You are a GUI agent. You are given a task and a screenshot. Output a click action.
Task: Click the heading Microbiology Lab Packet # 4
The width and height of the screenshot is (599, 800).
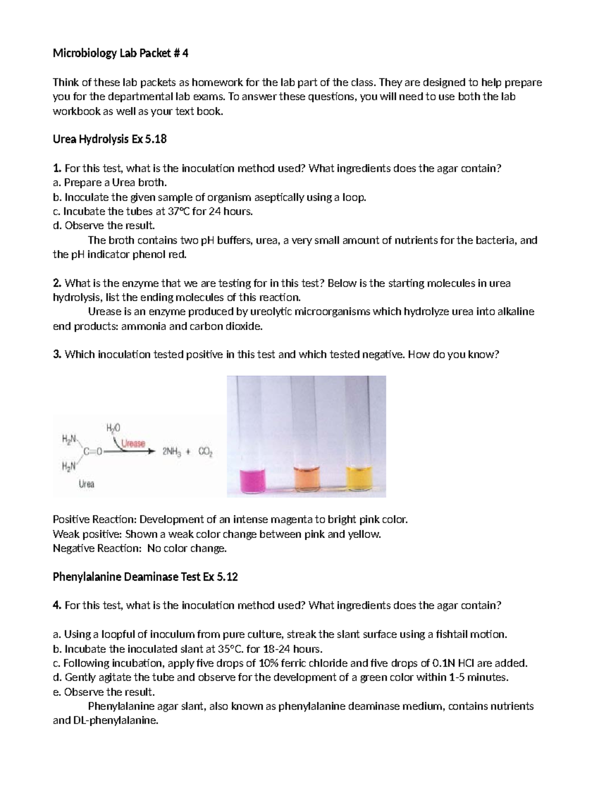[120, 53]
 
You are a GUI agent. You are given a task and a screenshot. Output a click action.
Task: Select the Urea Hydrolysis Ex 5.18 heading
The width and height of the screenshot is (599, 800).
[109, 139]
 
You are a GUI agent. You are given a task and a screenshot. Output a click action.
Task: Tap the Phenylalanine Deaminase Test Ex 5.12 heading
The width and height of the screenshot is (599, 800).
[145, 577]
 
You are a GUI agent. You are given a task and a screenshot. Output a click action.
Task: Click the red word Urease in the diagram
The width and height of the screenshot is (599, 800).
[133, 443]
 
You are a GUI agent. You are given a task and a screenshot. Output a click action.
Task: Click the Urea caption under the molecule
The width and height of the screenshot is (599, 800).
[86, 483]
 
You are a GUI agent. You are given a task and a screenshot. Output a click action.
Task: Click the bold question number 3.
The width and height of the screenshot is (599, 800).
[57, 355]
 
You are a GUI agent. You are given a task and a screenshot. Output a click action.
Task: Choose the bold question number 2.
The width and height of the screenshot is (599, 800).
[57, 283]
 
